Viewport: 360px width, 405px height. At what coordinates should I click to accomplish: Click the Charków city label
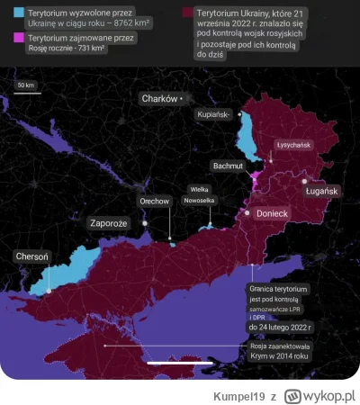tap(158, 97)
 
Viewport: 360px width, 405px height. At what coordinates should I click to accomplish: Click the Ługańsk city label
tap(320, 192)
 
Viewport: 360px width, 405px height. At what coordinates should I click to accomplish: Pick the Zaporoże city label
tap(110, 221)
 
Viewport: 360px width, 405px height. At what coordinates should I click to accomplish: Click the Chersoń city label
tap(32, 256)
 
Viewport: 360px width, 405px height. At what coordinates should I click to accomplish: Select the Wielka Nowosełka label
tap(202, 194)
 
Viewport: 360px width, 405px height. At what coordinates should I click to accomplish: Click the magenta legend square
tap(8, 39)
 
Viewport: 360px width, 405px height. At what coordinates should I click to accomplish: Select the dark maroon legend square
tap(188, 14)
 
